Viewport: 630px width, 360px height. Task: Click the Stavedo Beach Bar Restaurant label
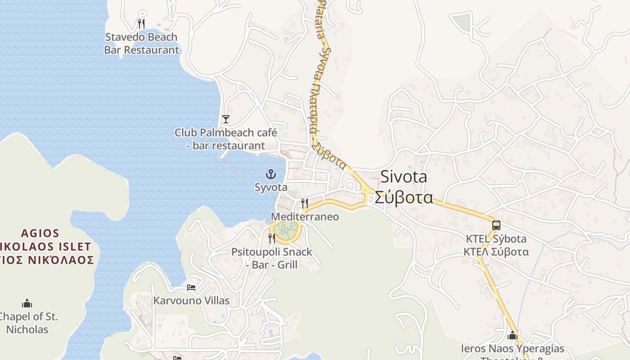[x=141, y=44]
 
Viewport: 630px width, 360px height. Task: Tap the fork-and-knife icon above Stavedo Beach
[x=141, y=23]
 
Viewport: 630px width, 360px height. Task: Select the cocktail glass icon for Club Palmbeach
[x=226, y=119]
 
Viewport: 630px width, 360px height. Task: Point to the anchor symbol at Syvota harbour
[x=271, y=174]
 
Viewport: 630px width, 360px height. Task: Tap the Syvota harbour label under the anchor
[x=271, y=187]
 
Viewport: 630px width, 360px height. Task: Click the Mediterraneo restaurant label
[x=305, y=217]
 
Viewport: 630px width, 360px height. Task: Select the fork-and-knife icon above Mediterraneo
[x=305, y=203]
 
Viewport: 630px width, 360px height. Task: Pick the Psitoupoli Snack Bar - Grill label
[x=272, y=258]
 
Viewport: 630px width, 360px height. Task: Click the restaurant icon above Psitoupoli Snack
[x=272, y=238]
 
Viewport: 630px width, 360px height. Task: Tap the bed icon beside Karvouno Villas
[x=191, y=288]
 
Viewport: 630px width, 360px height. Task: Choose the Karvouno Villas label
[x=191, y=301]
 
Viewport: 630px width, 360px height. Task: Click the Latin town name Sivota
[x=404, y=177]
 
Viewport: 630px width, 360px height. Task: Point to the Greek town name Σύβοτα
[x=404, y=198]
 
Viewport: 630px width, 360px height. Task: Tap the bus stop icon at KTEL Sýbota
[x=496, y=225]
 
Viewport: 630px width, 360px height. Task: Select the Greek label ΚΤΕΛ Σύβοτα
[x=496, y=252]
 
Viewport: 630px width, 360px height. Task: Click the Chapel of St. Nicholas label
[x=27, y=323]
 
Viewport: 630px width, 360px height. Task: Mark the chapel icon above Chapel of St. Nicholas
[x=27, y=303]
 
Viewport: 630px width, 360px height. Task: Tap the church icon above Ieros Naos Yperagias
[x=513, y=335]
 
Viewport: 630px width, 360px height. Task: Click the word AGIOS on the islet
[x=40, y=233]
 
